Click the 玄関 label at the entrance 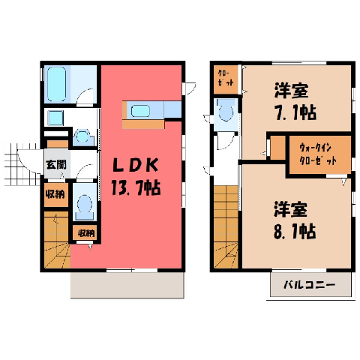point(56,164)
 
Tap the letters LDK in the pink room point(136,165)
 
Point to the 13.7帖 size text point(136,187)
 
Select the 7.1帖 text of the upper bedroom point(296,112)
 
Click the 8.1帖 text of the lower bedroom point(295,231)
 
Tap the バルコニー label point(309,285)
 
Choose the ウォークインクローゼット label point(317,154)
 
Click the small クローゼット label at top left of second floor point(226,78)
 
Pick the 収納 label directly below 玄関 point(55,194)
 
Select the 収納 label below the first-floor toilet point(86,233)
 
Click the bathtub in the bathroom point(57,84)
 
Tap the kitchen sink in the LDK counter point(140,111)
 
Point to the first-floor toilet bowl point(85,204)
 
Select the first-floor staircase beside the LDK point(57,240)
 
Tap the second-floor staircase point(226,227)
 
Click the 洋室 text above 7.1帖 point(292,91)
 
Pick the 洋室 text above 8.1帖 point(291,209)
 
